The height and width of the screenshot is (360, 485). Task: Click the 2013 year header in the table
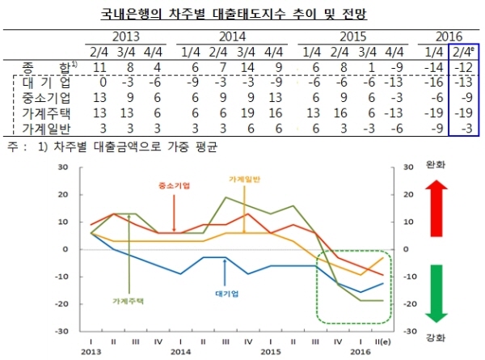tap(124, 36)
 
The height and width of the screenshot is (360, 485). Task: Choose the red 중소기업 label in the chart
tap(173, 185)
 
